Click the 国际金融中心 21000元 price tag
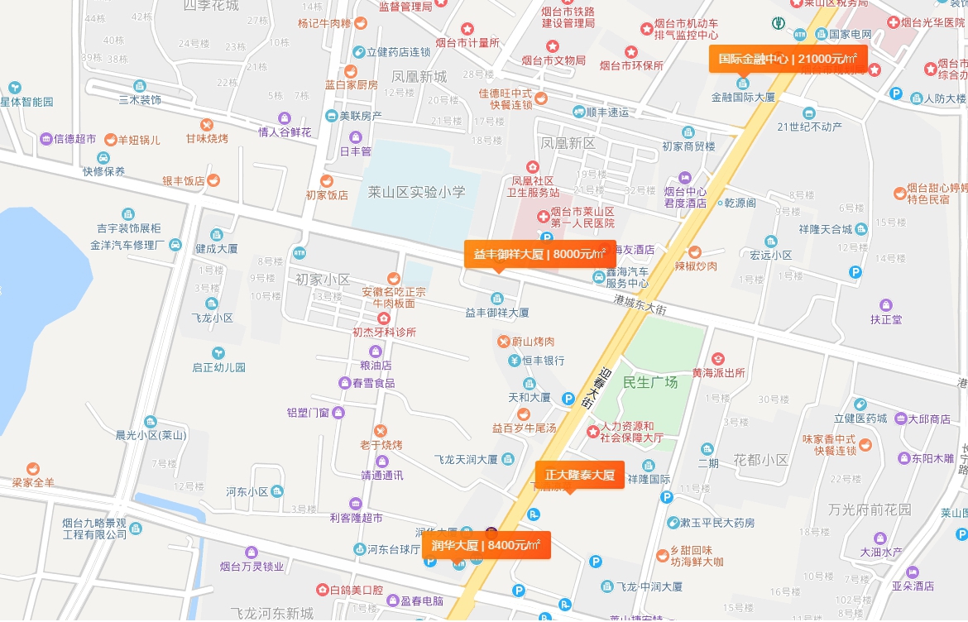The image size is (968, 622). point(788,59)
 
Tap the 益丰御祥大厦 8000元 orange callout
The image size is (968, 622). point(539,254)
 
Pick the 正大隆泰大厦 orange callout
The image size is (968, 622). point(579,475)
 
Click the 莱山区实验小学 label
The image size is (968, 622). point(416,192)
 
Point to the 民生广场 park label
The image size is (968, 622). point(650,382)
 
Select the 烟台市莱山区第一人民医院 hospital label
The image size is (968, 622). point(582,218)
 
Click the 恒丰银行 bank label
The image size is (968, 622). point(542,361)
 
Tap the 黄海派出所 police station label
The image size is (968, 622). point(718,372)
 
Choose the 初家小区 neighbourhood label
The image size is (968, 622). point(323,280)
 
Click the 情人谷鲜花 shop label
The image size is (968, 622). point(285,132)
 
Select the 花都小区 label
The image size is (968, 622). point(760,460)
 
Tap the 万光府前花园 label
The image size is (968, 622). point(870,510)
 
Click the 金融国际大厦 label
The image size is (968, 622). point(743,97)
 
